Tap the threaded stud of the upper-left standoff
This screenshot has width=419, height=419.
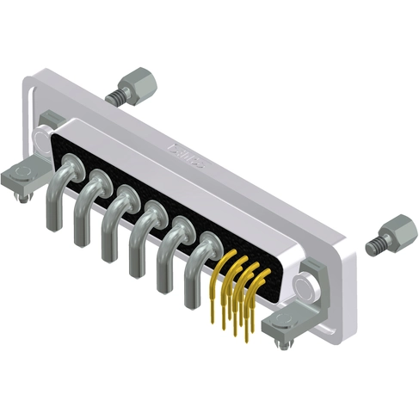(114, 95)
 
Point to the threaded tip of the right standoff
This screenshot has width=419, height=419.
(373, 246)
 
